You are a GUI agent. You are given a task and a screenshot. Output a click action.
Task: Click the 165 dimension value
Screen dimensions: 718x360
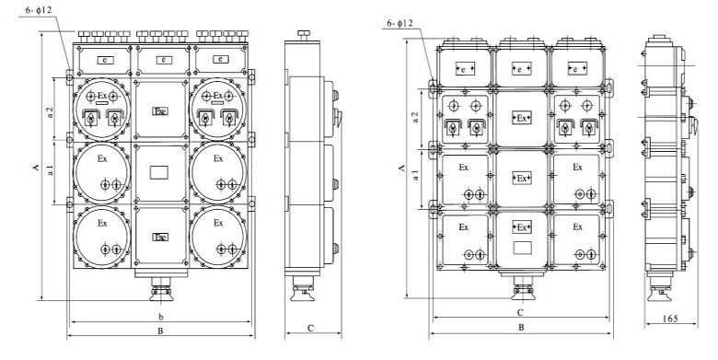(x=670, y=318)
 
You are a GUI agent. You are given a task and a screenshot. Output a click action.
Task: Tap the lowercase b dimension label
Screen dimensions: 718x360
(x=161, y=317)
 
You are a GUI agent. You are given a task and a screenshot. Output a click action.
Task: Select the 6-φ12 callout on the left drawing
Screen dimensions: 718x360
(x=39, y=9)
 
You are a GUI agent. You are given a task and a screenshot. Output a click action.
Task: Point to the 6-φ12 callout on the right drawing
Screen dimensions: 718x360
(x=400, y=23)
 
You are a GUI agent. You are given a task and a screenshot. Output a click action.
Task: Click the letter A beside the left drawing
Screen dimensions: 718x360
(x=36, y=168)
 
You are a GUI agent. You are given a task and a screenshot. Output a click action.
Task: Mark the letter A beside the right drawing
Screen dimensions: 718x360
(x=401, y=168)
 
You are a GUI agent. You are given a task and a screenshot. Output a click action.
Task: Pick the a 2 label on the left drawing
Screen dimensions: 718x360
(x=51, y=111)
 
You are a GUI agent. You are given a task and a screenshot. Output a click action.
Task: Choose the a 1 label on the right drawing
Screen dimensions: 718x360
(x=416, y=175)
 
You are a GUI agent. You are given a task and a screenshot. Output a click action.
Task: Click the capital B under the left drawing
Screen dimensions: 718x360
(x=160, y=331)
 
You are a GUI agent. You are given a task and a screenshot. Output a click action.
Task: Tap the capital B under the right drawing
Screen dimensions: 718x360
(x=521, y=327)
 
